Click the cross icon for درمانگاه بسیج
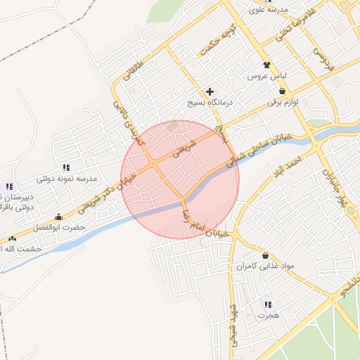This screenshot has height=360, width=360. [210, 92]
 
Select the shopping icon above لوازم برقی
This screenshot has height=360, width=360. [282, 91]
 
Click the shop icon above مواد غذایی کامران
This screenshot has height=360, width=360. [265, 255]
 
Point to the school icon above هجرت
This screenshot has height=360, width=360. [267, 304]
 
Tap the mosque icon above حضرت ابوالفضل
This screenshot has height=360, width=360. [58, 217]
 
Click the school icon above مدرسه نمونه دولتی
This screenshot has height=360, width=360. [66, 167]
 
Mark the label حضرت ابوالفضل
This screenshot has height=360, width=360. [63, 228]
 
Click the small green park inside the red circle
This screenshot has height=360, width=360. [174, 127]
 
